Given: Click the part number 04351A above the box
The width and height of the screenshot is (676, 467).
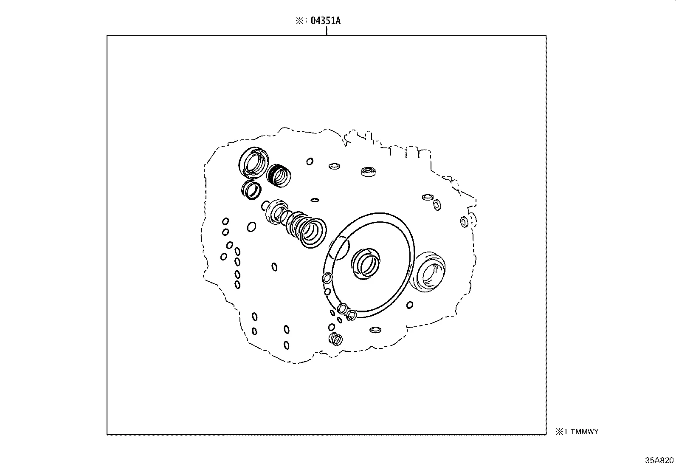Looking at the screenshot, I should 326,21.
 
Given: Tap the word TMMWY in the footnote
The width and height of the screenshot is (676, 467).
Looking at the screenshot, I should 584,432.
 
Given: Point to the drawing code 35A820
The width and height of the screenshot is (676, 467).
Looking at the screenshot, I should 659,460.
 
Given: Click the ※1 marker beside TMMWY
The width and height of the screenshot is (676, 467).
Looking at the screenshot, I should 561,432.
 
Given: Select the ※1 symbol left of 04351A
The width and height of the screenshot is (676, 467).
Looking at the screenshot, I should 301,21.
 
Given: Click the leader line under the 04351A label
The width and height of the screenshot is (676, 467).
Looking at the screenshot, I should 326,31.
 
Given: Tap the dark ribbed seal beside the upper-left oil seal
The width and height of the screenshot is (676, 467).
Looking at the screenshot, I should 279,175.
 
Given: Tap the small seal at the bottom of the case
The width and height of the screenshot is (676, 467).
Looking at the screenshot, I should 336,339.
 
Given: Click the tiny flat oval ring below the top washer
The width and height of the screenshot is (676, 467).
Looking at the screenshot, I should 315,200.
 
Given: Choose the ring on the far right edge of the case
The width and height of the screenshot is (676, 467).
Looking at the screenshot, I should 464,222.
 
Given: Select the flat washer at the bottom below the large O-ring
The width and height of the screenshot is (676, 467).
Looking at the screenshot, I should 375,330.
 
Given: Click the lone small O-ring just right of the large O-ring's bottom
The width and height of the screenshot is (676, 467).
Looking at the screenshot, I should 410,305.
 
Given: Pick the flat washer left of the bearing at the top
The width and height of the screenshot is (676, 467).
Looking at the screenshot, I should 335,166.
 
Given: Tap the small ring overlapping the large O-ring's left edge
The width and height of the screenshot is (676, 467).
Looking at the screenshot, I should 327,278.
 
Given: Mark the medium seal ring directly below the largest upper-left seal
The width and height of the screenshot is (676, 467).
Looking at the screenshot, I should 251,189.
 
